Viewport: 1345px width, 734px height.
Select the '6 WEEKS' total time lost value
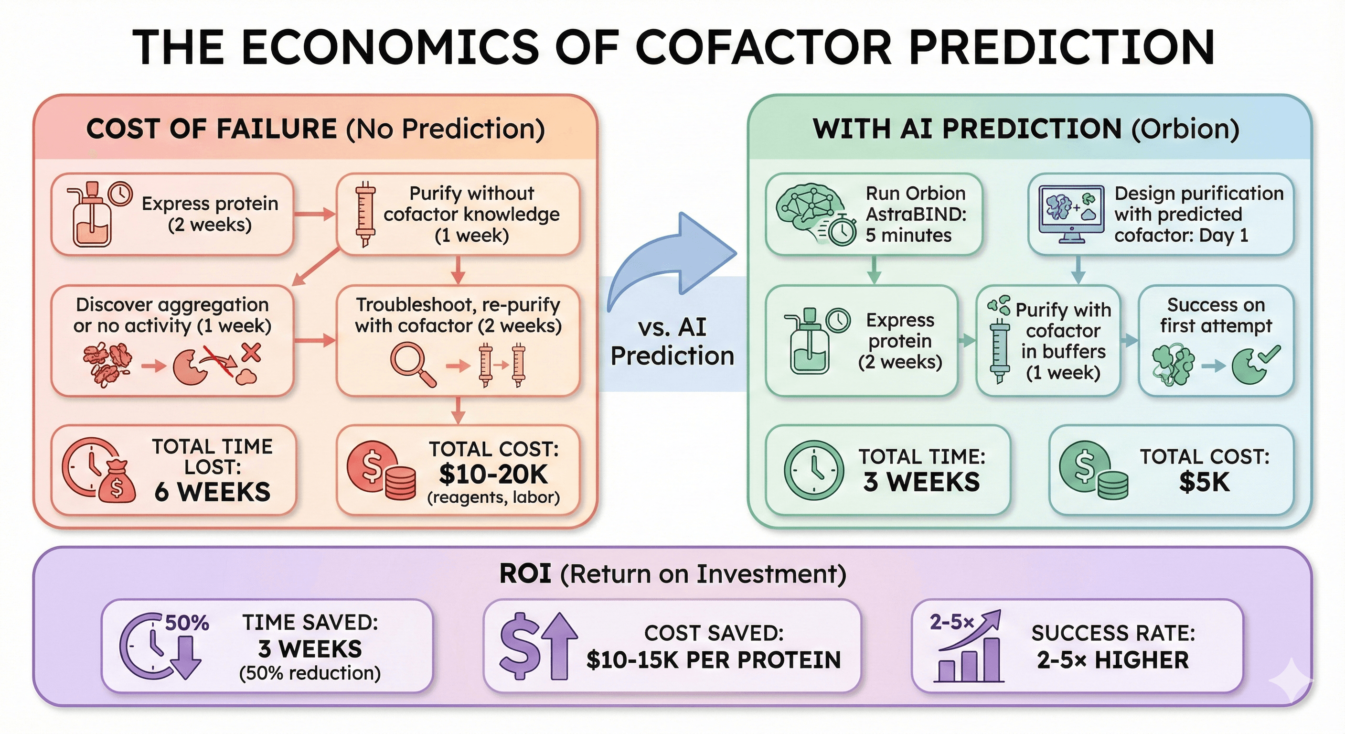point(213,492)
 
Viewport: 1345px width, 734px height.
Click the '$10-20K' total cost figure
point(493,475)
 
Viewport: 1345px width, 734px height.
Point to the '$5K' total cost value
point(1205,482)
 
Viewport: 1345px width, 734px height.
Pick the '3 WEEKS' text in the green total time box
point(921,482)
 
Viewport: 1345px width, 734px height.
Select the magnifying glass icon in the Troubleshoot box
point(413,364)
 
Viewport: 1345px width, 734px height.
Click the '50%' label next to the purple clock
point(187,623)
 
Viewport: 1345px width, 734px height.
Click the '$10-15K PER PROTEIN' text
point(713,660)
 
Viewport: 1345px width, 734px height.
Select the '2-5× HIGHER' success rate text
point(1113,660)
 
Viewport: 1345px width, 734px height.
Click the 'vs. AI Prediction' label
point(672,342)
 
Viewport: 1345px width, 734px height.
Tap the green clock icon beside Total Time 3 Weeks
point(813,470)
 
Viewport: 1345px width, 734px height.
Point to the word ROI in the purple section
point(525,573)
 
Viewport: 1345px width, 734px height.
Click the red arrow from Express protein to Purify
point(314,214)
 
